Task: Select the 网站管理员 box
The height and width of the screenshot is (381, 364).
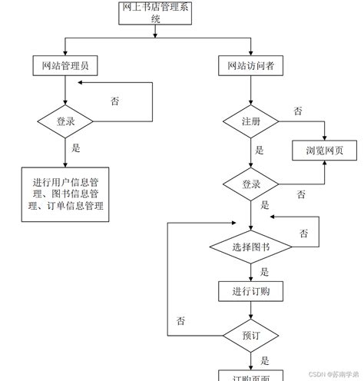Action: [65, 66]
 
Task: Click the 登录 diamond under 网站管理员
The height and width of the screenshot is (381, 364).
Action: [65, 121]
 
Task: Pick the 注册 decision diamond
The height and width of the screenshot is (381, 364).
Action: [250, 121]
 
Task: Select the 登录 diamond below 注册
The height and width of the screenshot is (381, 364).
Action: [250, 185]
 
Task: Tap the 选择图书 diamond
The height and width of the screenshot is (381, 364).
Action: [250, 247]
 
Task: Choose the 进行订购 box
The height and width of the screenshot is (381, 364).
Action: [250, 292]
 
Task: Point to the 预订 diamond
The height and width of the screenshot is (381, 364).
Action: [250, 336]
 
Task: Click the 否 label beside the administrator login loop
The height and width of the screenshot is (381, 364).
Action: [114, 101]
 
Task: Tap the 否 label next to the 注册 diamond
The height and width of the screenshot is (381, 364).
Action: [297, 111]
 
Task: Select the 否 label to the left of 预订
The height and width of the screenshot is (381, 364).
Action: [180, 320]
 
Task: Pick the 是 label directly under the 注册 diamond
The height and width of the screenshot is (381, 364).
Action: [260, 151]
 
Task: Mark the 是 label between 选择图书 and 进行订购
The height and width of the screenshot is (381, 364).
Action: [264, 271]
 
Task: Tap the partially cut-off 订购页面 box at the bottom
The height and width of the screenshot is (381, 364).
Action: [250, 376]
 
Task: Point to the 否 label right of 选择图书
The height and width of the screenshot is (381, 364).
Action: [304, 233]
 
